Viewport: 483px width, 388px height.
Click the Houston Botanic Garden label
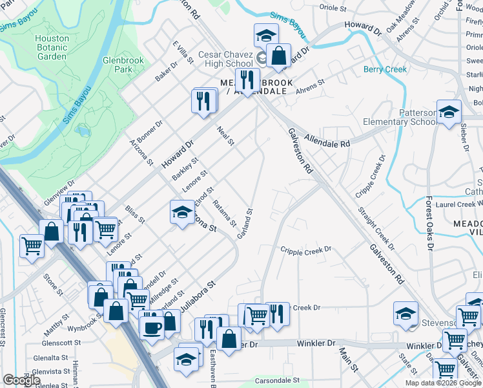(x=52, y=47)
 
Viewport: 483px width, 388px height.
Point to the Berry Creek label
(x=385, y=69)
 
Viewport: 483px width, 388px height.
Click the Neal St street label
(x=225, y=136)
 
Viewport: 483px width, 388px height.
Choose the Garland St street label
(x=244, y=223)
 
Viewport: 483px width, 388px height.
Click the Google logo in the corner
(x=21, y=380)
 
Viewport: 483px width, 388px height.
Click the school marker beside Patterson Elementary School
(x=449, y=113)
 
